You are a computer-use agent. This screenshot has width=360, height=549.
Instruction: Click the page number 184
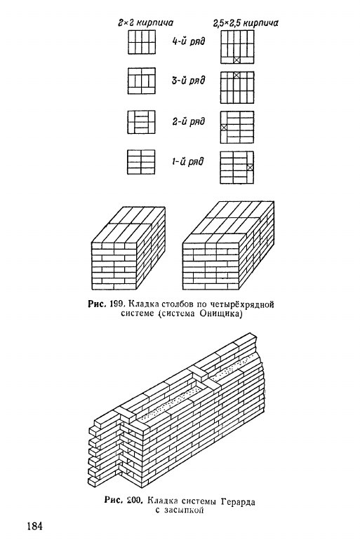(x=34, y=526)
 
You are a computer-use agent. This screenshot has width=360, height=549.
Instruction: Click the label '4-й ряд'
(x=188, y=41)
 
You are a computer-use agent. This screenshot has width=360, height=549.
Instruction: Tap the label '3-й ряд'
(x=188, y=81)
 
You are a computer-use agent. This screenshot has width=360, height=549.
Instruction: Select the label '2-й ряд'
(x=188, y=121)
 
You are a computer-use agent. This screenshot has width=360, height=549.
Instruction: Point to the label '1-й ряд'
(x=187, y=162)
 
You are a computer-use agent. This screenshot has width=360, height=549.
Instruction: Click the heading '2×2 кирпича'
(x=145, y=23)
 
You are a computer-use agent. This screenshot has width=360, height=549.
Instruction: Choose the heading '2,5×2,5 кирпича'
(x=246, y=23)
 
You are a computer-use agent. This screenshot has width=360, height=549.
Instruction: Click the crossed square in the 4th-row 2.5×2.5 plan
(x=237, y=60)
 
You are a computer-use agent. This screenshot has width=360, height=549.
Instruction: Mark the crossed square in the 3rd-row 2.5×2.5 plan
(x=237, y=75)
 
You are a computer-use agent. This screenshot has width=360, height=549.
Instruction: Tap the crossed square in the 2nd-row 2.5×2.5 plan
(x=224, y=128)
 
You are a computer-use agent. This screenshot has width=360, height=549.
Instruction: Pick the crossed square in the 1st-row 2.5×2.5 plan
(x=250, y=168)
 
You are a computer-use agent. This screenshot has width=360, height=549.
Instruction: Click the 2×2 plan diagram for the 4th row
(x=142, y=42)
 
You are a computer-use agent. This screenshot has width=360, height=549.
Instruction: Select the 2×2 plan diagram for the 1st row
(x=141, y=162)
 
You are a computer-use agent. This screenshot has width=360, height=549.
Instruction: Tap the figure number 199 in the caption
(x=116, y=304)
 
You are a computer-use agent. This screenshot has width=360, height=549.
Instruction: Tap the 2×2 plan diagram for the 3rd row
(x=142, y=81)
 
